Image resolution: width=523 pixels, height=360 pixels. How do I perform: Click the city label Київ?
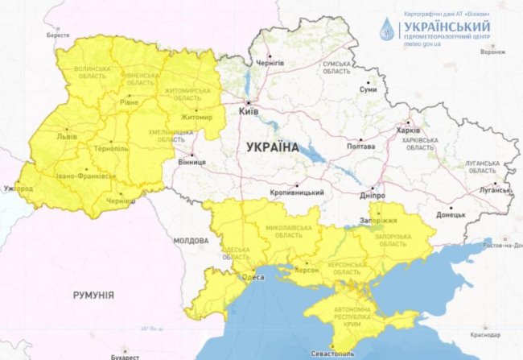(248, 111)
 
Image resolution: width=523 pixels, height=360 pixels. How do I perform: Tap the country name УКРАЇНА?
(268, 147)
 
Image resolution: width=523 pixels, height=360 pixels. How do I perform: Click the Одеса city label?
(253, 278)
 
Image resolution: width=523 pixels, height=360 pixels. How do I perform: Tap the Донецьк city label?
(451, 214)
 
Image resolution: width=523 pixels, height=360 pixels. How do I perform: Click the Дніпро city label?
(373, 194)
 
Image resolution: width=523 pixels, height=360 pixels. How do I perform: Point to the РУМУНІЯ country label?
(93, 295)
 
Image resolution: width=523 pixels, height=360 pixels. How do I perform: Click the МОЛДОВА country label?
(191, 240)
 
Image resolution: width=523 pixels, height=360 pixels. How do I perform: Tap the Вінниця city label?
(191, 161)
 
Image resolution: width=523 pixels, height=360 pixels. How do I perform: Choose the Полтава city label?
(360, 147)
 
